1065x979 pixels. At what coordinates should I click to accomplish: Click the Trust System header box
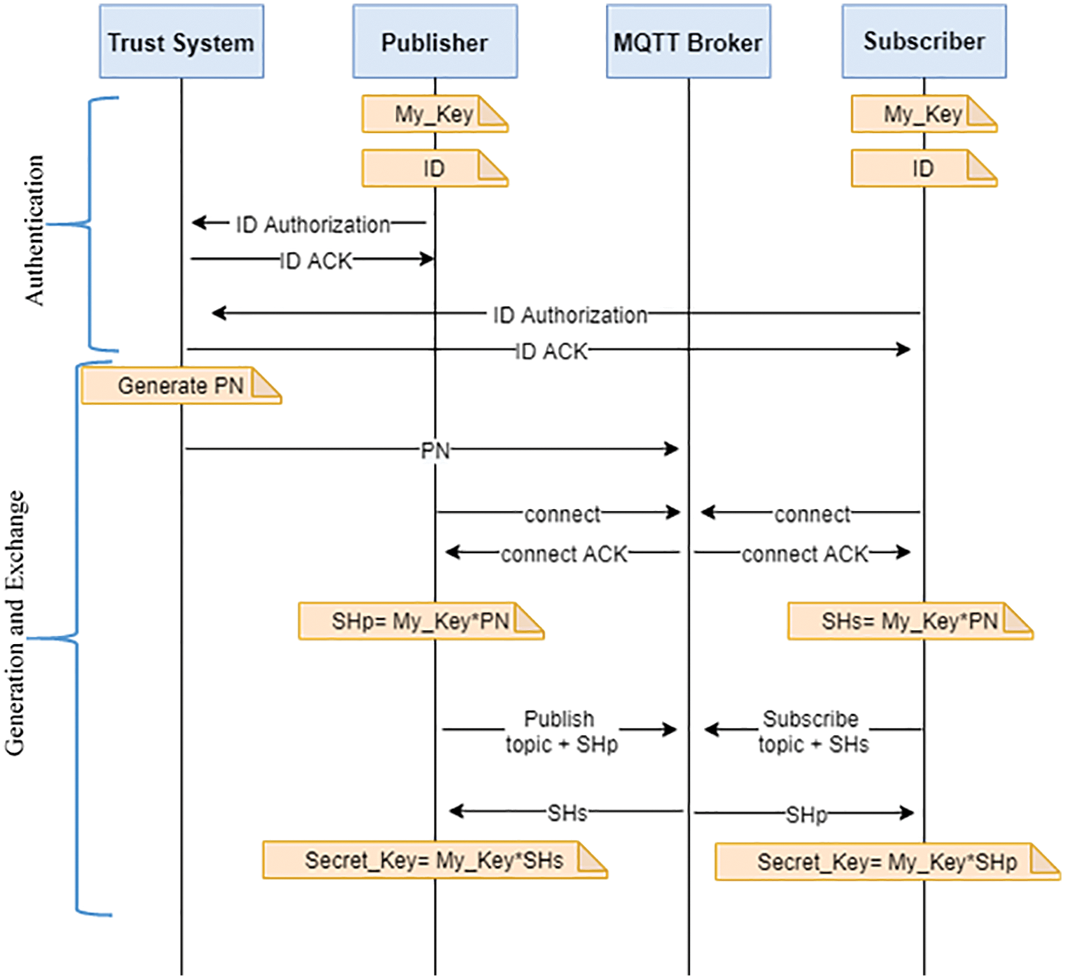tap(181, 42)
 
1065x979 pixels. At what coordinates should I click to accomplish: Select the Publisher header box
tap(435, 42)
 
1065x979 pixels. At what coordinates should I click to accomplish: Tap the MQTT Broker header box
tap(688, 42)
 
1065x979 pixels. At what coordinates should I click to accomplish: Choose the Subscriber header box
tap(923, 41)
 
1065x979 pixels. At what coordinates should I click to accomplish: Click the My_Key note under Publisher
tap(434, 114)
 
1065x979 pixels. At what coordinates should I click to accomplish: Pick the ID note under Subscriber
tap(923, 168)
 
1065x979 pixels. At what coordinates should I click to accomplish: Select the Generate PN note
tap(181, 386)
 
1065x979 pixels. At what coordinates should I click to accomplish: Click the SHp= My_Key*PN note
tap(421, 621)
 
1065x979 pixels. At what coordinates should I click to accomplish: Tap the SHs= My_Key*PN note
tap(909, 621)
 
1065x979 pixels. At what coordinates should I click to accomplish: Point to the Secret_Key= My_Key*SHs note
tap(434, 860)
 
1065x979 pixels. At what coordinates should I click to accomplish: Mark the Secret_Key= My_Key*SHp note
tap(887, 861)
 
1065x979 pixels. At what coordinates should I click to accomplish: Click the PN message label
tap(435, 450)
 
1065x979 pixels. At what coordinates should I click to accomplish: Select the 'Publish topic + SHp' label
tap(561, 731)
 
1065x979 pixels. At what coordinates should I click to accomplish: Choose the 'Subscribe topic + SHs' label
tap(812, 731)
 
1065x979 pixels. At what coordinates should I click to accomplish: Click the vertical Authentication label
tap(34, 230)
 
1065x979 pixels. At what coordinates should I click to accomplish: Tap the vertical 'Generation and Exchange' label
tap(16, 623)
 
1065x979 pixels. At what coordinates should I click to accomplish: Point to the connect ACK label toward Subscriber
tap(804, 554)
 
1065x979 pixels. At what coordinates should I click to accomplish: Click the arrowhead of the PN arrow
tap(672, 449)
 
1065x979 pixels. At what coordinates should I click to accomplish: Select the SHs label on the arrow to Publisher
tap(567, 813)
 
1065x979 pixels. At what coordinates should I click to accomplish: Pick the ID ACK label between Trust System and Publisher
tap(316, 261)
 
